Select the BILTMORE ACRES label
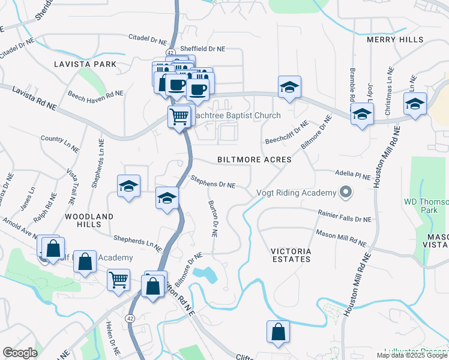[254, 160]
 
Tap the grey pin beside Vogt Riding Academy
[345, 193]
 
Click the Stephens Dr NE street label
[212, 182]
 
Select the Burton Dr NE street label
[212, 218]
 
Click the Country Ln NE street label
[60, 139]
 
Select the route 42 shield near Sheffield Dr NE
[171, 52]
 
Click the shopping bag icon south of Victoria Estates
[278, 331]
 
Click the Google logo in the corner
[19, 353]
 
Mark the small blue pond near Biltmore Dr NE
[208, 275]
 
